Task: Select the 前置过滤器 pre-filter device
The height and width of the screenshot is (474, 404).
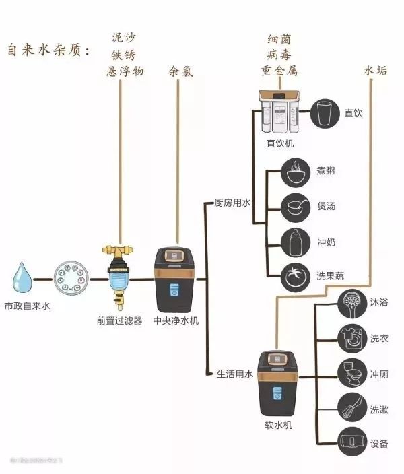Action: pyautogui.click(x=119, y=276)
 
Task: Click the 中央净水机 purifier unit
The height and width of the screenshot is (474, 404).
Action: pyautogui.click(x=176, y=278)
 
